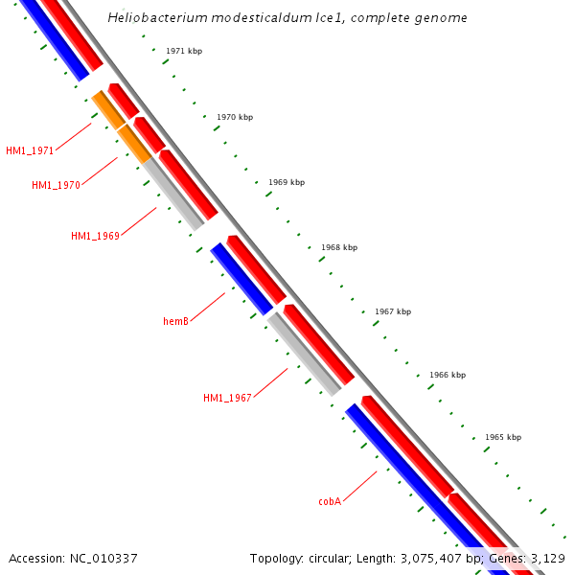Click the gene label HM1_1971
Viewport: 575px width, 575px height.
click(x=30, y=150)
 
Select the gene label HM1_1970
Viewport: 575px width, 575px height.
click(x=56, y=185)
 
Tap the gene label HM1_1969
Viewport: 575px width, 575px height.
click(x=95, y=236)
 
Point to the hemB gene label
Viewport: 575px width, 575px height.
click(x=175, y=321)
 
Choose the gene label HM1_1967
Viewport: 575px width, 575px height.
click(x=227, y=398)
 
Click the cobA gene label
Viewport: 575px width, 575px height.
click(x=330, y=501)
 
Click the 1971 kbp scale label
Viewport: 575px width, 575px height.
click(x=184, y=51)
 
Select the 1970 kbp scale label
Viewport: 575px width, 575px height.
click(x=235, y=117)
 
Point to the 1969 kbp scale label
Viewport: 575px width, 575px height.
click(x=287, y=182)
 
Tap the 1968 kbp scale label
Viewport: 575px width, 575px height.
click(x=339, y=247)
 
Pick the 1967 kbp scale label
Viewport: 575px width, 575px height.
click(x=393, y=311)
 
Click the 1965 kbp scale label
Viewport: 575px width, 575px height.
click(x=503, y=437)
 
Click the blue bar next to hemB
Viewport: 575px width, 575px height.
click(x=241, y=278)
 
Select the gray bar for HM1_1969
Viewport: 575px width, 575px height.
click(x=174, y=195)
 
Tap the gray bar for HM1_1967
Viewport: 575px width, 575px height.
click(x=304, y=354)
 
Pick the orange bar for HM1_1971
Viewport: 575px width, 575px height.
click(x=107, y=109)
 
